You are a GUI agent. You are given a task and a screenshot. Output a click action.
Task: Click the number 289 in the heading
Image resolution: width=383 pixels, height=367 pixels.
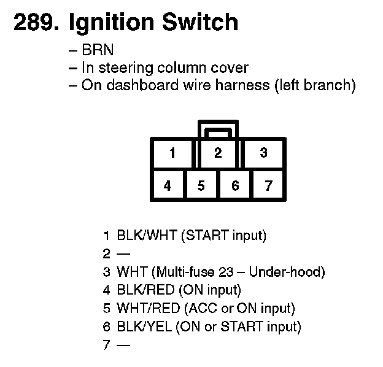[x=34, y=23]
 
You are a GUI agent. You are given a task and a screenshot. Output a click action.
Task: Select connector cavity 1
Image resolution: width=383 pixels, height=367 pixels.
[x=173, y=153]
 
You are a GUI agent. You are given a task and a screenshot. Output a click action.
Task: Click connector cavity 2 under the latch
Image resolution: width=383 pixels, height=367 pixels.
[x=218, y=153]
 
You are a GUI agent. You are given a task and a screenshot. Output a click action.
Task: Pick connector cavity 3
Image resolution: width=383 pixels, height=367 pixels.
[x=263, y=153]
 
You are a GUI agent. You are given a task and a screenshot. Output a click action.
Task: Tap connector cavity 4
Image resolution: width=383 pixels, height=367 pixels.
[x=168, y=185]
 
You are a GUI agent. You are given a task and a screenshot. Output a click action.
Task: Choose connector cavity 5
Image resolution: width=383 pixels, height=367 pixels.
[x=201, y=185]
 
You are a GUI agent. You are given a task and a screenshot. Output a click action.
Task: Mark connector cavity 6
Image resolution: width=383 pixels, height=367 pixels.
[x=234, y=185]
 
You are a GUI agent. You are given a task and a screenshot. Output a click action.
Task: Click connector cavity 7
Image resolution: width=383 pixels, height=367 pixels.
[x=268, y=185]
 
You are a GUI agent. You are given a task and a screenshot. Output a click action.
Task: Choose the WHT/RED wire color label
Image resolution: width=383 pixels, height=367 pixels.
[x=146, y=308]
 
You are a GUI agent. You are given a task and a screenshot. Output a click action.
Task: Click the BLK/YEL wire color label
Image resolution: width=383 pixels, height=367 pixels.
[x=144, y=326]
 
